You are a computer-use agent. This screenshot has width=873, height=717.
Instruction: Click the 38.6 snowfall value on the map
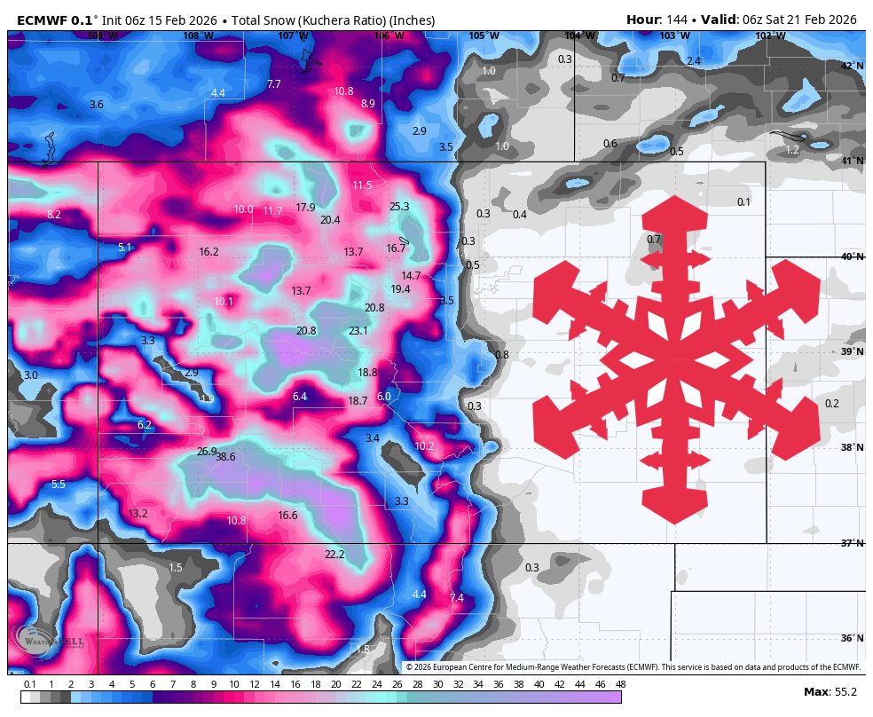coord(225,457)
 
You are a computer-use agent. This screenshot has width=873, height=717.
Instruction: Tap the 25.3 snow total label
coord(399,207)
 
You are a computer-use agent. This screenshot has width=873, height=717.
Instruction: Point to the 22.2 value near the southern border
coord(334,555)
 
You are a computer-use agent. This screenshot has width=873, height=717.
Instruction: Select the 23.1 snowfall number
coord(358,331)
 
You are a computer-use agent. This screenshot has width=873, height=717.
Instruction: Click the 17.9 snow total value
coord(305,208)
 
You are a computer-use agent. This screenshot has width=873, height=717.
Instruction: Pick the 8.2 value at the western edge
coord(54,215)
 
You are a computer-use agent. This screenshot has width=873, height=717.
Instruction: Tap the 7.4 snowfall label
coord(457,598)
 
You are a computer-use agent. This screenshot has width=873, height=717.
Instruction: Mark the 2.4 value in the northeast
coord(694,61)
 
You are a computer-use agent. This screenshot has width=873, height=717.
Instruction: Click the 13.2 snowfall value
coord(138,514)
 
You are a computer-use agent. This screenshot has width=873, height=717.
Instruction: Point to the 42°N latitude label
coord(852,66)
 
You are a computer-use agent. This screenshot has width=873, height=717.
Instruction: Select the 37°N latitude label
coord(852,543)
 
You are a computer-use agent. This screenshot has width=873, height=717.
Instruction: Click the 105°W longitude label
coord(484,36)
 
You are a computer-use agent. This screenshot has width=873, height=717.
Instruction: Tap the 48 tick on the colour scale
coord(620,684)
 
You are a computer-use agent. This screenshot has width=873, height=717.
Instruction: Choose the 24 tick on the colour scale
coord(375,684)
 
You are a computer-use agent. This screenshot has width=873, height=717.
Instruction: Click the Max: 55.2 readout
coord(832,691)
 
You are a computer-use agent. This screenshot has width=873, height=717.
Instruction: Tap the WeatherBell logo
coord(50,641)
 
